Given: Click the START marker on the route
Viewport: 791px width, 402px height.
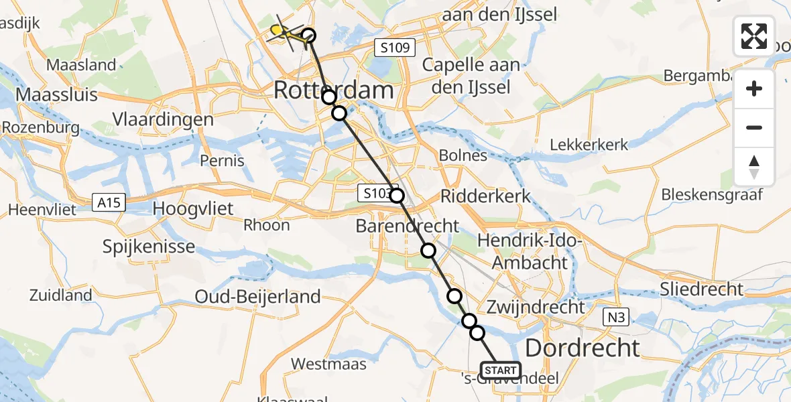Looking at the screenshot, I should [501, 371].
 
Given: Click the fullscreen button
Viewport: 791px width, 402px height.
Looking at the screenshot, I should [754, 36].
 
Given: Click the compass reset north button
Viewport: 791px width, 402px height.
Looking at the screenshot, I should [754, 167].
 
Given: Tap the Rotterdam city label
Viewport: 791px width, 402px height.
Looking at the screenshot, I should [333, 90].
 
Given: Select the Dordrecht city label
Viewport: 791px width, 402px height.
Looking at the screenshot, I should [582, 348].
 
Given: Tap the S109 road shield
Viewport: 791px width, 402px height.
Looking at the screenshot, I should [395, 48].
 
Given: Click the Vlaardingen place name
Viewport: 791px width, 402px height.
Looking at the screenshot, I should [164, 120].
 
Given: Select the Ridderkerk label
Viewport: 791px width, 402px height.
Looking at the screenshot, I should [485, 196].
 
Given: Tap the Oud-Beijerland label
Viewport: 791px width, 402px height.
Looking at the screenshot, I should [257, 296].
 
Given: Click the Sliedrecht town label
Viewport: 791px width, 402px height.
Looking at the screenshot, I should [702, 289].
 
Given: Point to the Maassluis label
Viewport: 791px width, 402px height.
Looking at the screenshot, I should [56, 94].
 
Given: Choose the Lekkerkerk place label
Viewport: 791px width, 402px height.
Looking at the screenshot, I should [589, 145].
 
